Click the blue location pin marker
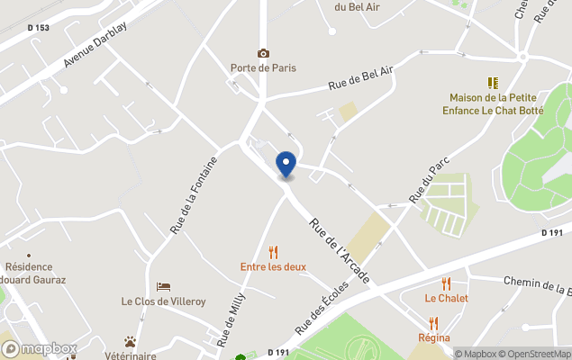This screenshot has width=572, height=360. tap(286, 165)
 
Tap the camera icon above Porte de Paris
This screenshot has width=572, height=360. tap(263, 54)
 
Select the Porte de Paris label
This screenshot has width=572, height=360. tap(263, 67)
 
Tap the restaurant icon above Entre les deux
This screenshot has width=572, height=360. tap(273, 253)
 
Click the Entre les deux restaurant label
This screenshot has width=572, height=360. tap(273, 266)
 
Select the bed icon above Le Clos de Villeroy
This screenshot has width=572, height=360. tap(163, 287)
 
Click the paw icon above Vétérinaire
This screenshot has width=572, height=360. tap(131, 342)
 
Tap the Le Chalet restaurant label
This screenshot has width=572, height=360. tap(447, 298)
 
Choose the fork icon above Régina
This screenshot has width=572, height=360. tap(433, 323)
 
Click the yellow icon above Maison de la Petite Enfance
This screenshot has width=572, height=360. tap(493, 83)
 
